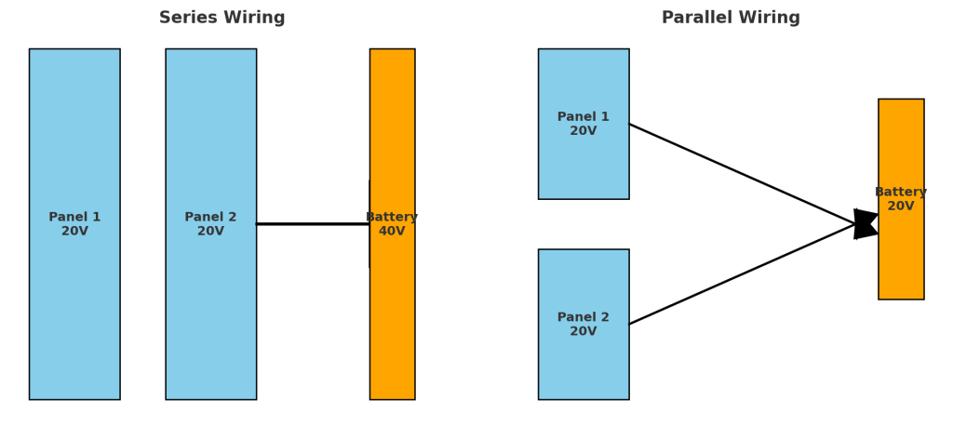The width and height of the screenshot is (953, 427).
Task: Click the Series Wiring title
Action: point(221,18)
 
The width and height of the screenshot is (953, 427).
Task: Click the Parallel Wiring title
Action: point(731,18)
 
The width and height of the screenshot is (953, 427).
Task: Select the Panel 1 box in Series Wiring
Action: point(74,140)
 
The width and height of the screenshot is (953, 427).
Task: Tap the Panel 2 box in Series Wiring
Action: point(210,140)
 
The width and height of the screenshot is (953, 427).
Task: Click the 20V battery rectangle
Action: point(901,260)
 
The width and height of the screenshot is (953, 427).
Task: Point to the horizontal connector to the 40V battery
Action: point(312,223)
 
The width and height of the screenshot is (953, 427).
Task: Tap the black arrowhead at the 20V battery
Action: point(866,223)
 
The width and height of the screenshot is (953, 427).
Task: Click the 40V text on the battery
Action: point(392,232)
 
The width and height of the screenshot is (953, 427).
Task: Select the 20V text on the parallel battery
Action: point(901,207)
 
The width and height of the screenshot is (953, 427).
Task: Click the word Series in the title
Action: point(189,18)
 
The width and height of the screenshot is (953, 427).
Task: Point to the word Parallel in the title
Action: point(696,18)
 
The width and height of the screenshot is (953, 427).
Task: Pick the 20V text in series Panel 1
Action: point(74,232)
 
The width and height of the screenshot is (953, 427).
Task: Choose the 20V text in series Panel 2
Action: point(210,232)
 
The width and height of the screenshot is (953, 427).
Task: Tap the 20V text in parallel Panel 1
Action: point(584,131)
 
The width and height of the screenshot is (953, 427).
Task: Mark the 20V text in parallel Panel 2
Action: point(584,332)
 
